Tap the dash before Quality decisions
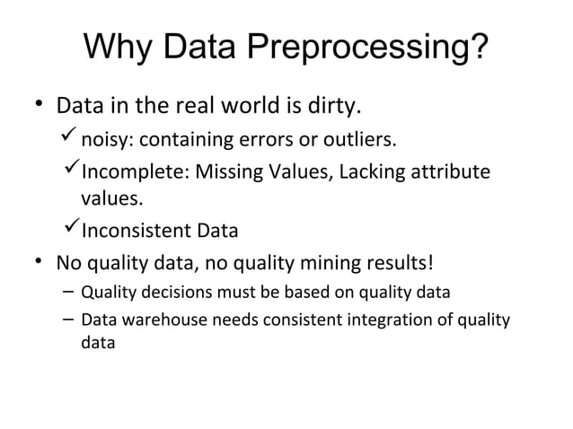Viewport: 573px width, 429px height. (x=68, y=292)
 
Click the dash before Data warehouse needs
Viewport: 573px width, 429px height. (x=68, y=320)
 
